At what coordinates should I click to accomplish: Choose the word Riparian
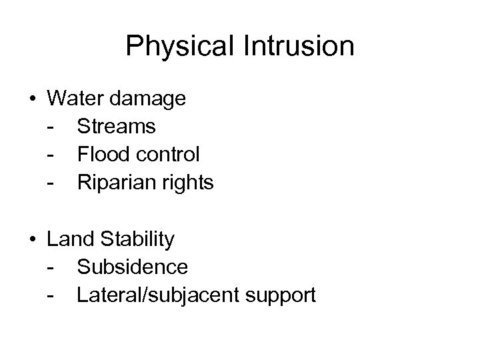click(116, 183)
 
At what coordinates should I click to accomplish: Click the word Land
click(70, 239)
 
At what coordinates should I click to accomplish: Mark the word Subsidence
click(132, 267)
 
